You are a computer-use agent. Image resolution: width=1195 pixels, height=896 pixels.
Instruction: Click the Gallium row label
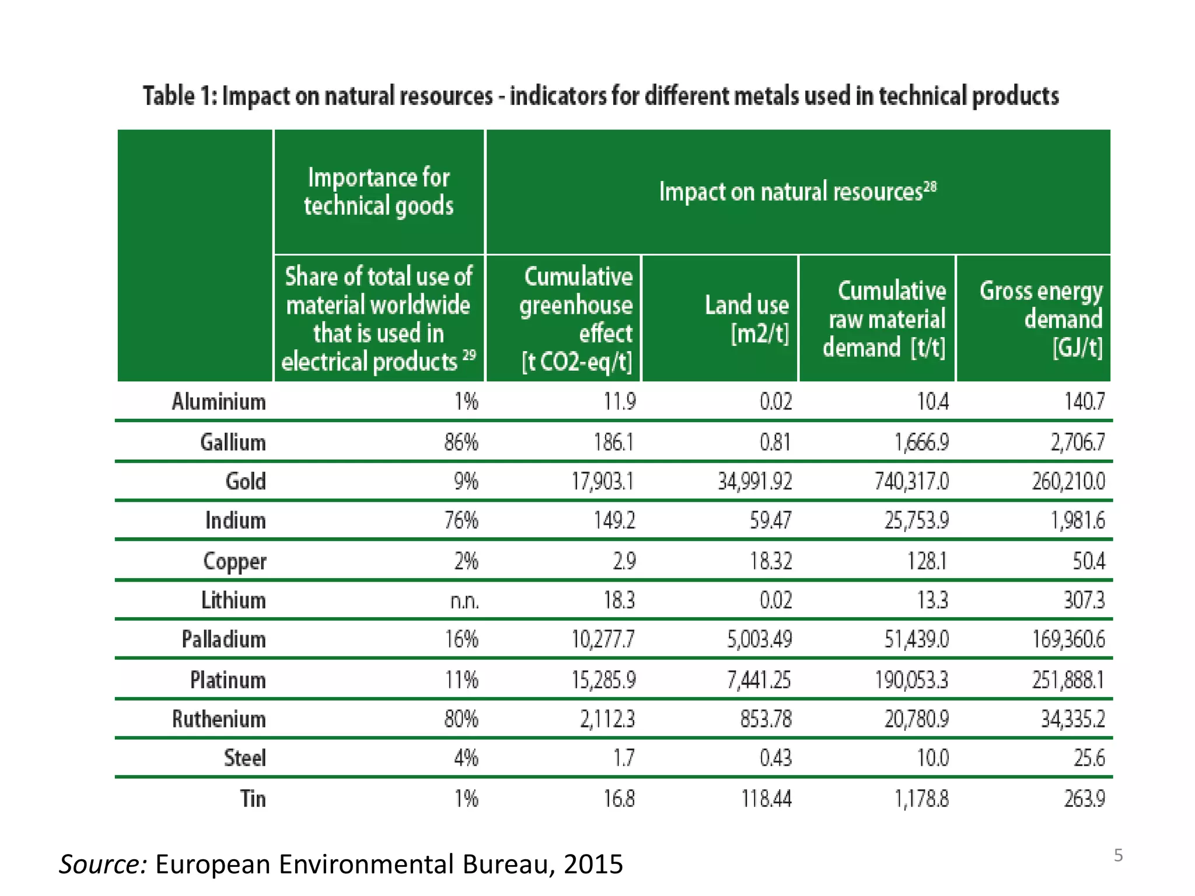[x=232, y=442]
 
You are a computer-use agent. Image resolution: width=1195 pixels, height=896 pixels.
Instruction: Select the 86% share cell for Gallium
[x=461, y=442]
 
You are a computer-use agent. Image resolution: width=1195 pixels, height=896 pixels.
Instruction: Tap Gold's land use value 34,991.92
[x=754, y=481]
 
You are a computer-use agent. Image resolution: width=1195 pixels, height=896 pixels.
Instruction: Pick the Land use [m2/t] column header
[x=746, y=319]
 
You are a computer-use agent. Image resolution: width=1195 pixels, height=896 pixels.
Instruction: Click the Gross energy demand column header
[x=1041, y=319]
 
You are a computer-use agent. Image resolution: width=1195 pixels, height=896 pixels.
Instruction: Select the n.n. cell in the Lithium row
[x=464, y=601]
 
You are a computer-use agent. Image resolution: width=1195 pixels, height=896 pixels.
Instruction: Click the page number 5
[x=1118, y=856]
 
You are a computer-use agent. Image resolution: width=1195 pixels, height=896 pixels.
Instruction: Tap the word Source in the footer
[x=103, y=864]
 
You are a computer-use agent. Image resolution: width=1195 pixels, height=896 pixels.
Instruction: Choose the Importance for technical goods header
[x=379, y=191]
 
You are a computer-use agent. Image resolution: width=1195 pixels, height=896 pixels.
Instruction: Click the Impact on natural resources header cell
[x=797, y=191]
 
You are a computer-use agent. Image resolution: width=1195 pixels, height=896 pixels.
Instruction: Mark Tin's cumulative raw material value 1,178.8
[x=921, y=799]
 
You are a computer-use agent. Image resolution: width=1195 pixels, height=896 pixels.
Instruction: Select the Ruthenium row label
[x=219, y=719]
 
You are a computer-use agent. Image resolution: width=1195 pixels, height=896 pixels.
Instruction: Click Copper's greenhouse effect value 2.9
[x=624, y=561]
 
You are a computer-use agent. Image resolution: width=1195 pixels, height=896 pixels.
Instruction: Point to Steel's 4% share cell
[x=466, y=758]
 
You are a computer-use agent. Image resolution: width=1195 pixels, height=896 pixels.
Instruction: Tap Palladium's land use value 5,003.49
[x=759, y=639]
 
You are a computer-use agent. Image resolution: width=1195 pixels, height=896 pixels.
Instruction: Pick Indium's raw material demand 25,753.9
[x=916, y=520]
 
